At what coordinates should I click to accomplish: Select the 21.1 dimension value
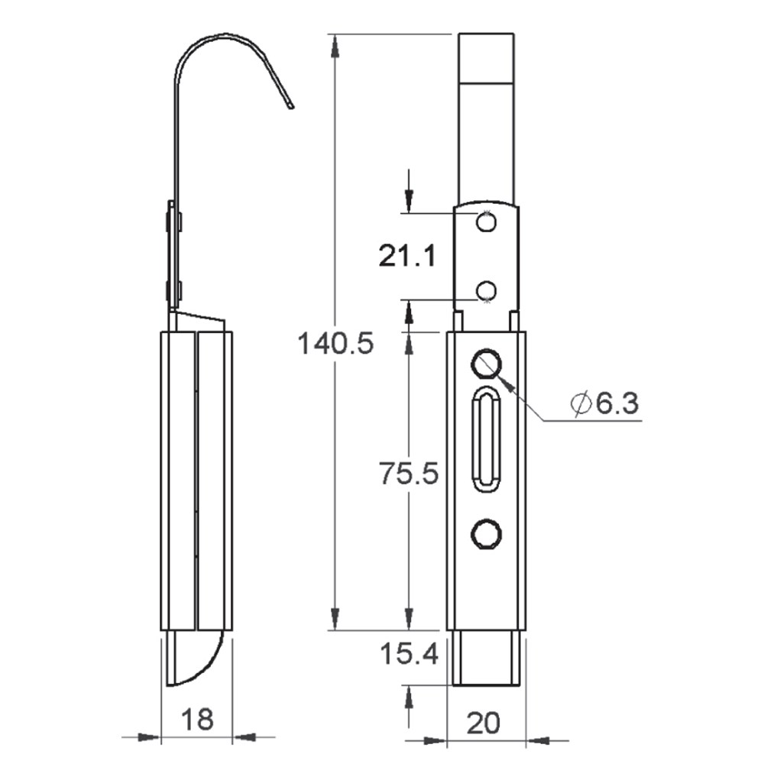tap(407, 255)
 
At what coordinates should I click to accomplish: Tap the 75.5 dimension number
tap(409, 474)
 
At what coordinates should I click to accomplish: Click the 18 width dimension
tap(197, 719)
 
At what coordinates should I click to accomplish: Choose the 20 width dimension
tap(483, 723)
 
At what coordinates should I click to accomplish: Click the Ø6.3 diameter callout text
tap(604, 403)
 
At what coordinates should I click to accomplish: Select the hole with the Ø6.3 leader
tap(486, 364)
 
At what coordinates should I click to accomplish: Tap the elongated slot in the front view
tap(486, 439)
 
